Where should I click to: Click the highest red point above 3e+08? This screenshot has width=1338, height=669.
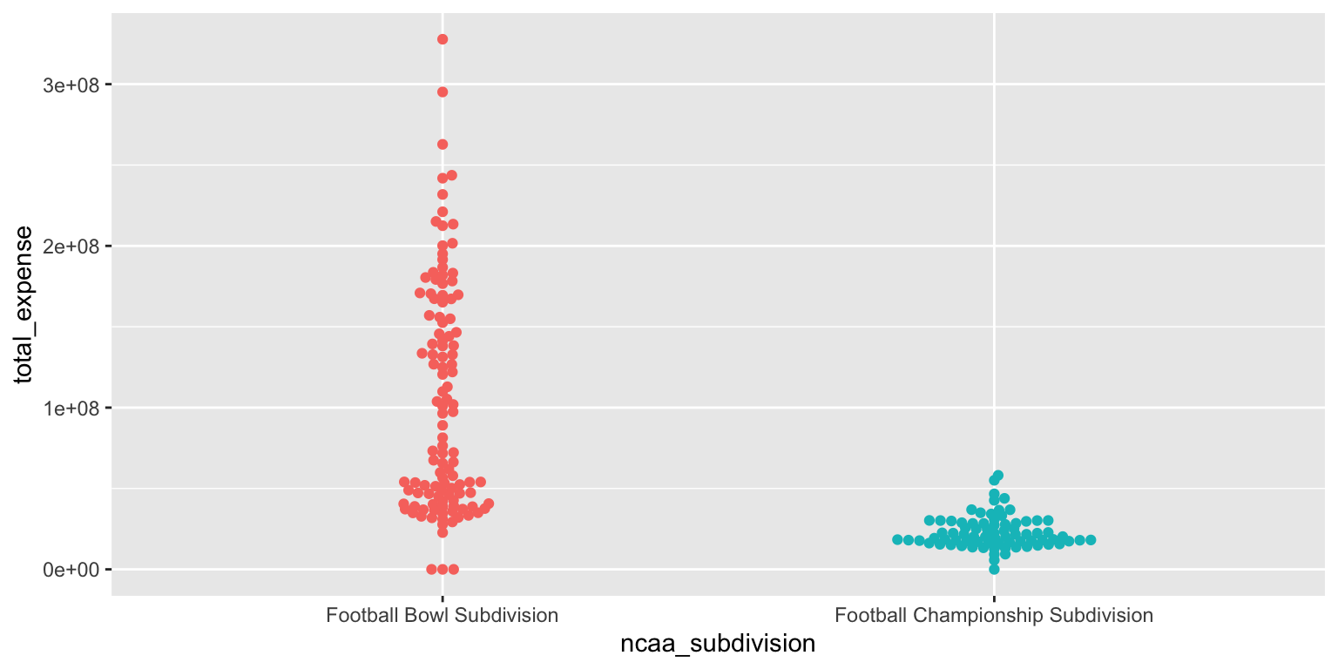(443, 39)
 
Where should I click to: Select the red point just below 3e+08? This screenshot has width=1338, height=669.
(443, 92)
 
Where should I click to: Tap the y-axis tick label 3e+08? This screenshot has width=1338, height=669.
(71, 85)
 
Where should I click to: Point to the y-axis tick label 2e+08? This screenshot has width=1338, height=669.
(71, 247)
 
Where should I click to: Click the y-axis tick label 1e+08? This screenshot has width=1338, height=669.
(71, 408)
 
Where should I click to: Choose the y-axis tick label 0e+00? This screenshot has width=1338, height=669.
(71, 570)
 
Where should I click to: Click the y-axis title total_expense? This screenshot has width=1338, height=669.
(24, 305)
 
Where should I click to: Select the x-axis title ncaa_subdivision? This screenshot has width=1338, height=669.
(718, 644)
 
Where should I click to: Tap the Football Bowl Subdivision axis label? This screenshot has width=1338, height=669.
(442, 615)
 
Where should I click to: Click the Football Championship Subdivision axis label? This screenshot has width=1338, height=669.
(994, 615)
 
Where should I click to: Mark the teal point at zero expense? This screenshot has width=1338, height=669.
(994, 569)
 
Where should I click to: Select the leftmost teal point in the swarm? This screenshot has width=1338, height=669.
(897, 540)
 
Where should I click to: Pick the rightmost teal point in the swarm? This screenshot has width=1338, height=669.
(1091, 540)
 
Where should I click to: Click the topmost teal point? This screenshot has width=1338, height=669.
(998, 476)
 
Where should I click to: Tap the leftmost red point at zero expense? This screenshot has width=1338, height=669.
(431, 569)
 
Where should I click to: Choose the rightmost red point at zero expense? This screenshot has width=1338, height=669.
(454, 569)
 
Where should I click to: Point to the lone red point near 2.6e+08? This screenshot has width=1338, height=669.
(443, 145)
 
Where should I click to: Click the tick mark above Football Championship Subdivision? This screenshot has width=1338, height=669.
(994, 599)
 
